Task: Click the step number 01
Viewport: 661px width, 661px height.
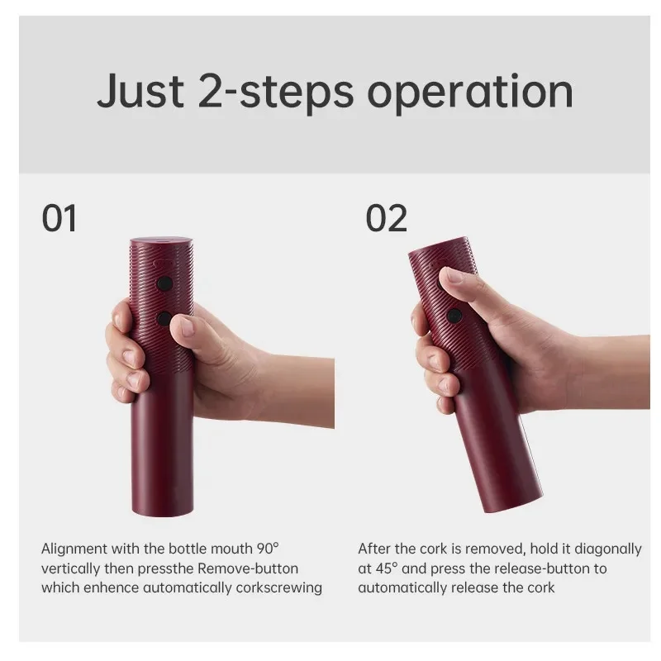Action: (59, 219)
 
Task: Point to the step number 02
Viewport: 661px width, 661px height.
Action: (387, 219)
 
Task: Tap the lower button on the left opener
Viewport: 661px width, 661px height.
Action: (164, 318)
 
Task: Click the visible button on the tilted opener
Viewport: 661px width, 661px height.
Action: (454, 315)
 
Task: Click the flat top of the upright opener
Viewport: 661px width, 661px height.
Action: (161, 241)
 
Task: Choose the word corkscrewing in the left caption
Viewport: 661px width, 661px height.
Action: (281, 588)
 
